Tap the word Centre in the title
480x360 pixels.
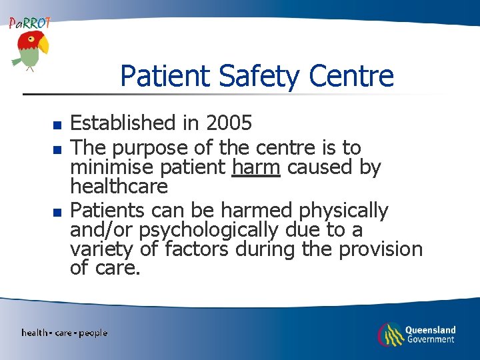click(352, 75)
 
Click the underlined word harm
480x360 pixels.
click(256, 167)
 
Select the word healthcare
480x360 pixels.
click(119, 186)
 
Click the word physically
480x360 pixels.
click(343, 211)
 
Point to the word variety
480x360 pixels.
click(101, 250)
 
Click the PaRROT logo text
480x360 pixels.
click(29, 23)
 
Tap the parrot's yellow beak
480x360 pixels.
click(43, 46)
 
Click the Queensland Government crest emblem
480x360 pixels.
click(391, 334)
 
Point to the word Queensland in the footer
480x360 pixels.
click(430, 329)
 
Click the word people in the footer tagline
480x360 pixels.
click(93, 333)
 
